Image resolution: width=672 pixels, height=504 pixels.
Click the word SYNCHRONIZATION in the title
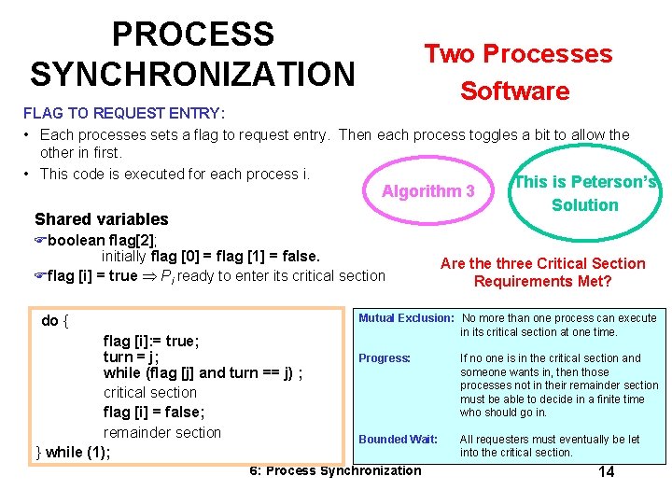tap(192, 72)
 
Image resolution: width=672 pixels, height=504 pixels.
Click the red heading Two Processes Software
tap(518, 72)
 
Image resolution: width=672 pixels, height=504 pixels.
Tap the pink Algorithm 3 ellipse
tap(427, 191)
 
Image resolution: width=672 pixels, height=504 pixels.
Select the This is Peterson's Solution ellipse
tap(585, 193)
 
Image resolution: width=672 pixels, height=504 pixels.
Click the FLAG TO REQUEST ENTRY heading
tap(123, 113)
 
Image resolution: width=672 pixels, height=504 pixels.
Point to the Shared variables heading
tap(102, 219)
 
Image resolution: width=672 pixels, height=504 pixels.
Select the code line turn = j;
tap(132, 357)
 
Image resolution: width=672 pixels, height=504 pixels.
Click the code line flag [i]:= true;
tap(151, 341)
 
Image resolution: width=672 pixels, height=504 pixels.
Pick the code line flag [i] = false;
tap(154, 412)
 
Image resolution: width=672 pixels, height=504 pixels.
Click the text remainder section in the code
tap(162, 432)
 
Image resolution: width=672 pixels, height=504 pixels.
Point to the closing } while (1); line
tap(73, 452)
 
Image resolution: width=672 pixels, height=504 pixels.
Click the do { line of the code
tap(54, 321)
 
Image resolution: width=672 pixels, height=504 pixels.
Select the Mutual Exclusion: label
tap(406, 318)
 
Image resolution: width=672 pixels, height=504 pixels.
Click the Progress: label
tap(385, 358)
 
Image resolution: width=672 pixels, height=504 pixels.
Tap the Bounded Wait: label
tap(398, 439)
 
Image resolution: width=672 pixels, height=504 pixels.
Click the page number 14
tap(606, 471)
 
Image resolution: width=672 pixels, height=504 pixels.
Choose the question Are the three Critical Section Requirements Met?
tap(542, 273)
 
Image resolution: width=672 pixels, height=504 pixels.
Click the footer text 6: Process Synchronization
tap(335, 470)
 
